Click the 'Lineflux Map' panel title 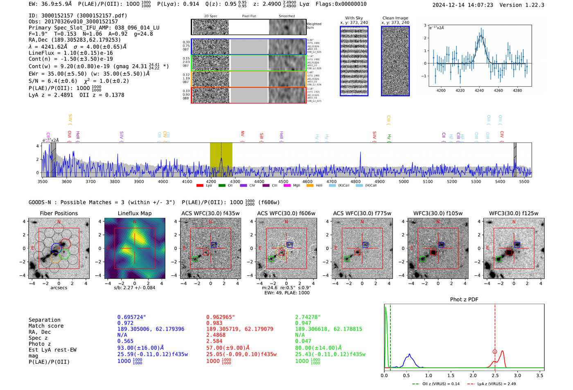[135, 213]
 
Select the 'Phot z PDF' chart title [464, 300]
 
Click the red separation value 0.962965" [221, 317]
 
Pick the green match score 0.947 [303, 323]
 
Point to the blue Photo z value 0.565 [125, 341]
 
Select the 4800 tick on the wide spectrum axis [355, 182]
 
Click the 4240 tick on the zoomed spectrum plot [479, 90]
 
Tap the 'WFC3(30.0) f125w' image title [514, 213]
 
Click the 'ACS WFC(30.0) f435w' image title [210, 213]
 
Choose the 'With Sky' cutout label [354, 18]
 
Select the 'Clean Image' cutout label [395, 18]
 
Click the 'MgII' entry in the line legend [297, 186]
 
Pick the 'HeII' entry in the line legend [319, 186]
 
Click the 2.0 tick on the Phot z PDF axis [473, 375]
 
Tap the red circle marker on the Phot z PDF [495, 352]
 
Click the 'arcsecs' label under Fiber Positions [59, 288]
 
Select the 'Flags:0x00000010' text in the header [341, 4]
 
